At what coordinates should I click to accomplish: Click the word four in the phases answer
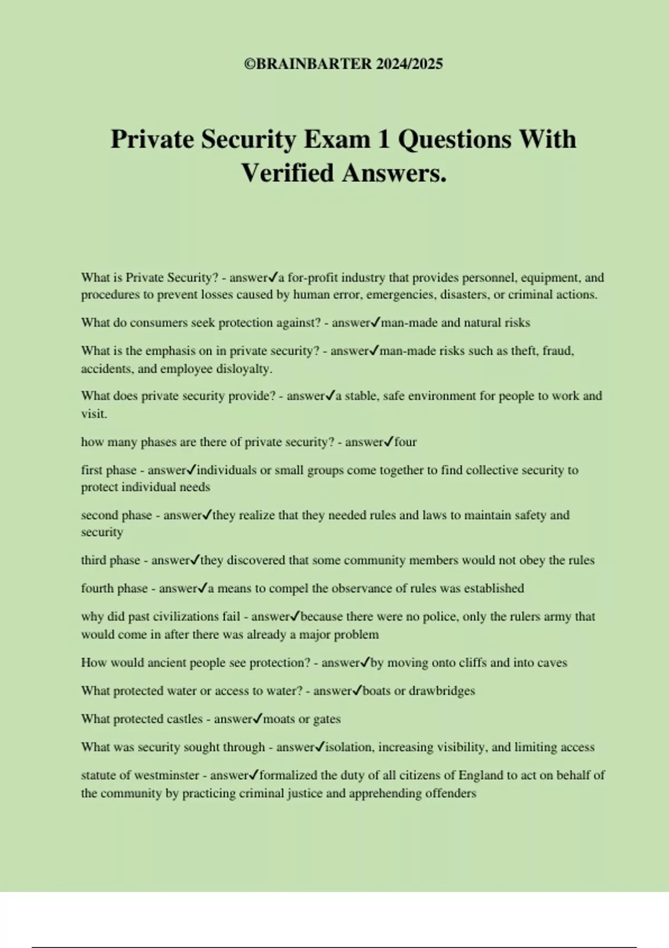(405, 442)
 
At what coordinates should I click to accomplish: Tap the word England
(481, 776)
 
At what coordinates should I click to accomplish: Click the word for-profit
(312, 278)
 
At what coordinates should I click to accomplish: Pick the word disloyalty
(244, 369)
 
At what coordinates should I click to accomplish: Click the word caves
(552, 663)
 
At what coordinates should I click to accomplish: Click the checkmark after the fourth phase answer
(203, 588)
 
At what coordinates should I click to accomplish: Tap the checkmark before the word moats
(258, 719)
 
